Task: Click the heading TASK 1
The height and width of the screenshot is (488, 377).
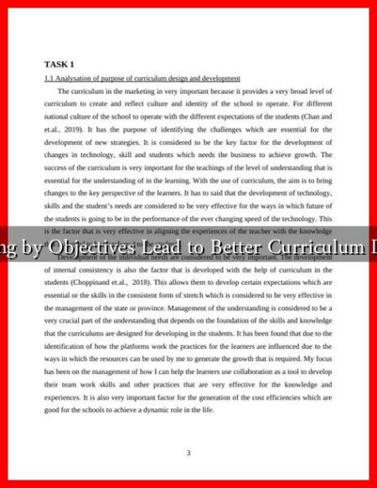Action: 59,64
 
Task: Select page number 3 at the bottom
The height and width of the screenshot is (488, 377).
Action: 188,453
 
